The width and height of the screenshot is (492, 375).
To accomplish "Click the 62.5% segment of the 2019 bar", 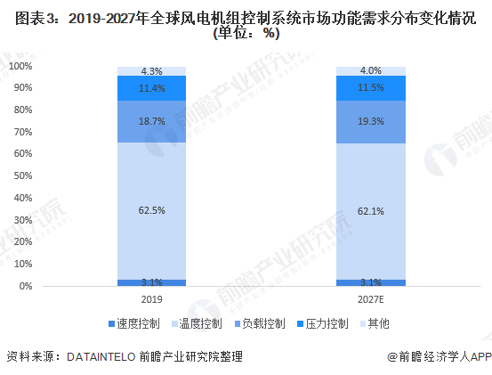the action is point(151,211).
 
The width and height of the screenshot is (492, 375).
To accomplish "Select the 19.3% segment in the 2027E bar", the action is point(371,122).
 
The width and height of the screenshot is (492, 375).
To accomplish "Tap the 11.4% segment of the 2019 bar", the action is point(151,88).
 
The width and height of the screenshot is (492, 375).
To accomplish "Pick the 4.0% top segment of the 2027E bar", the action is point(371,71).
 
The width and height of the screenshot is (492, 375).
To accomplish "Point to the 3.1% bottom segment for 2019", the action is point(151,282).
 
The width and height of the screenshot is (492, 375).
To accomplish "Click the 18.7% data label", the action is point(152,121).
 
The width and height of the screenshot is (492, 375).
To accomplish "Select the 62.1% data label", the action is point(371,211).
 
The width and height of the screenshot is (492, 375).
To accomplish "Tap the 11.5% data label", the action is point(371,87).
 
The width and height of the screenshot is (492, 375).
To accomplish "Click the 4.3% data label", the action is point(152,71).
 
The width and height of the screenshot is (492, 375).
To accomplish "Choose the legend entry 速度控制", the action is point(134,323).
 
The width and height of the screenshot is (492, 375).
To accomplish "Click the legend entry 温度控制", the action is point(197,323).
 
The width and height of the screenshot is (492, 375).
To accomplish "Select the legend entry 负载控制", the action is point(260,323).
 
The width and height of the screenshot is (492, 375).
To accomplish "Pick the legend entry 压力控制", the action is point(323,323).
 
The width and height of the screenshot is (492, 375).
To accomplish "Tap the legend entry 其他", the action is point(375,323).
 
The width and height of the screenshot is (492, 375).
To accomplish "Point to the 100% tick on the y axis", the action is point(20,66).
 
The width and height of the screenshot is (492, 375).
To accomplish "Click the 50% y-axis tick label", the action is point(23,175).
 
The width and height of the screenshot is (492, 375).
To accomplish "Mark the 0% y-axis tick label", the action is point(26,286).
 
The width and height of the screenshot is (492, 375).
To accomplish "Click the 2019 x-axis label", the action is point(152,299).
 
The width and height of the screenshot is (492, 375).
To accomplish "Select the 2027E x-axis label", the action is point(371,299).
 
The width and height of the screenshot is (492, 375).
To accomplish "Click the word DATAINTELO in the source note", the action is point(101,357).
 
